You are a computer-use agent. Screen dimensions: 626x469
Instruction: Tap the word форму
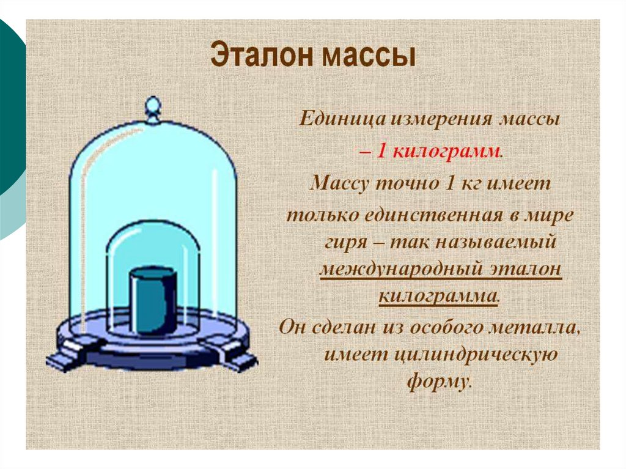tap(439, 382)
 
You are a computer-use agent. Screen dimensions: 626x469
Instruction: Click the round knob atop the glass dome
tap(152, 105)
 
